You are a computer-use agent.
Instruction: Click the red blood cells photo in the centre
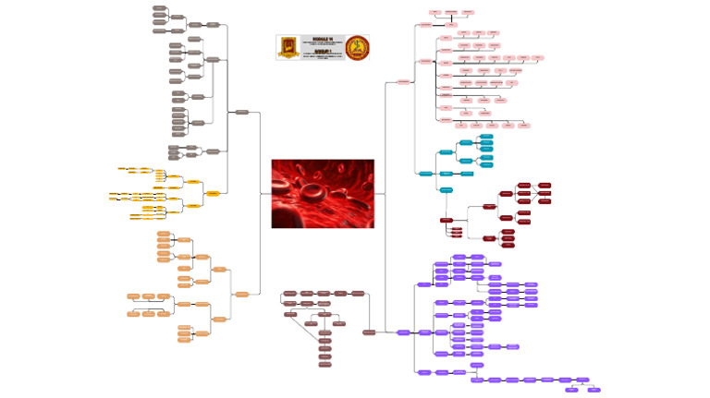point(323,193)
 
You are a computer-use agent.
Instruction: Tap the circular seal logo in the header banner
point(357,47)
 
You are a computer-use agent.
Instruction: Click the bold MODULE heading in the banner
point(322,40)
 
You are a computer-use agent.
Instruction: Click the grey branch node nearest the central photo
point(242,112)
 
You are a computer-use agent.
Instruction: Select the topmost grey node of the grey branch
point(160,7)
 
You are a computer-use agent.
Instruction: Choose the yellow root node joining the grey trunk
point(213,193)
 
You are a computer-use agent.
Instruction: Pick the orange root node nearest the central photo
point(242,294)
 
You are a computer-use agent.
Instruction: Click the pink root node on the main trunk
point(403,82)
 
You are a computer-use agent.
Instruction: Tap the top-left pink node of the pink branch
point(435,12)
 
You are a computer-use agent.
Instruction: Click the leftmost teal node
point(425,174)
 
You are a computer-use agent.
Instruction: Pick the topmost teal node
point(486,137)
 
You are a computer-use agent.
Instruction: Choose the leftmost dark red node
point(447,220)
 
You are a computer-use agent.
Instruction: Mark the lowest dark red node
point(508,245)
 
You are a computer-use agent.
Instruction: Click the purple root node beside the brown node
point(403,332)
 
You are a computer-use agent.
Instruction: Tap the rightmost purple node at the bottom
point(594,390)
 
